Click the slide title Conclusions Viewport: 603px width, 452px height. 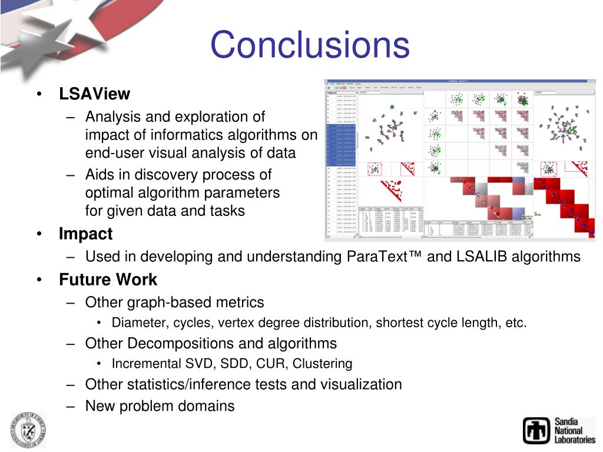tap(310, 45)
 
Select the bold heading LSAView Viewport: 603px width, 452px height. tap(94, 94)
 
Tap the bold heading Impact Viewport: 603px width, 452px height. tap(85, 234)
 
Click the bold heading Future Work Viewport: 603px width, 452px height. tap(108, 280)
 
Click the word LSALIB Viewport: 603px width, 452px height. tap(480, 257)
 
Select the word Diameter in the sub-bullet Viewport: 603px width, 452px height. tap(138, 323)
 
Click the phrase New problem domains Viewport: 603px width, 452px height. tap(160, 406)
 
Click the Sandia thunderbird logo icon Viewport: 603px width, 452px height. tap(536, 430)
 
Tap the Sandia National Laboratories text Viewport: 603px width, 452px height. tap(574, 431)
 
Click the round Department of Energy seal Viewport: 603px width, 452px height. tap(28, 430)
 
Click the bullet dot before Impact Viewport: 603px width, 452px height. tap(39, 234)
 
